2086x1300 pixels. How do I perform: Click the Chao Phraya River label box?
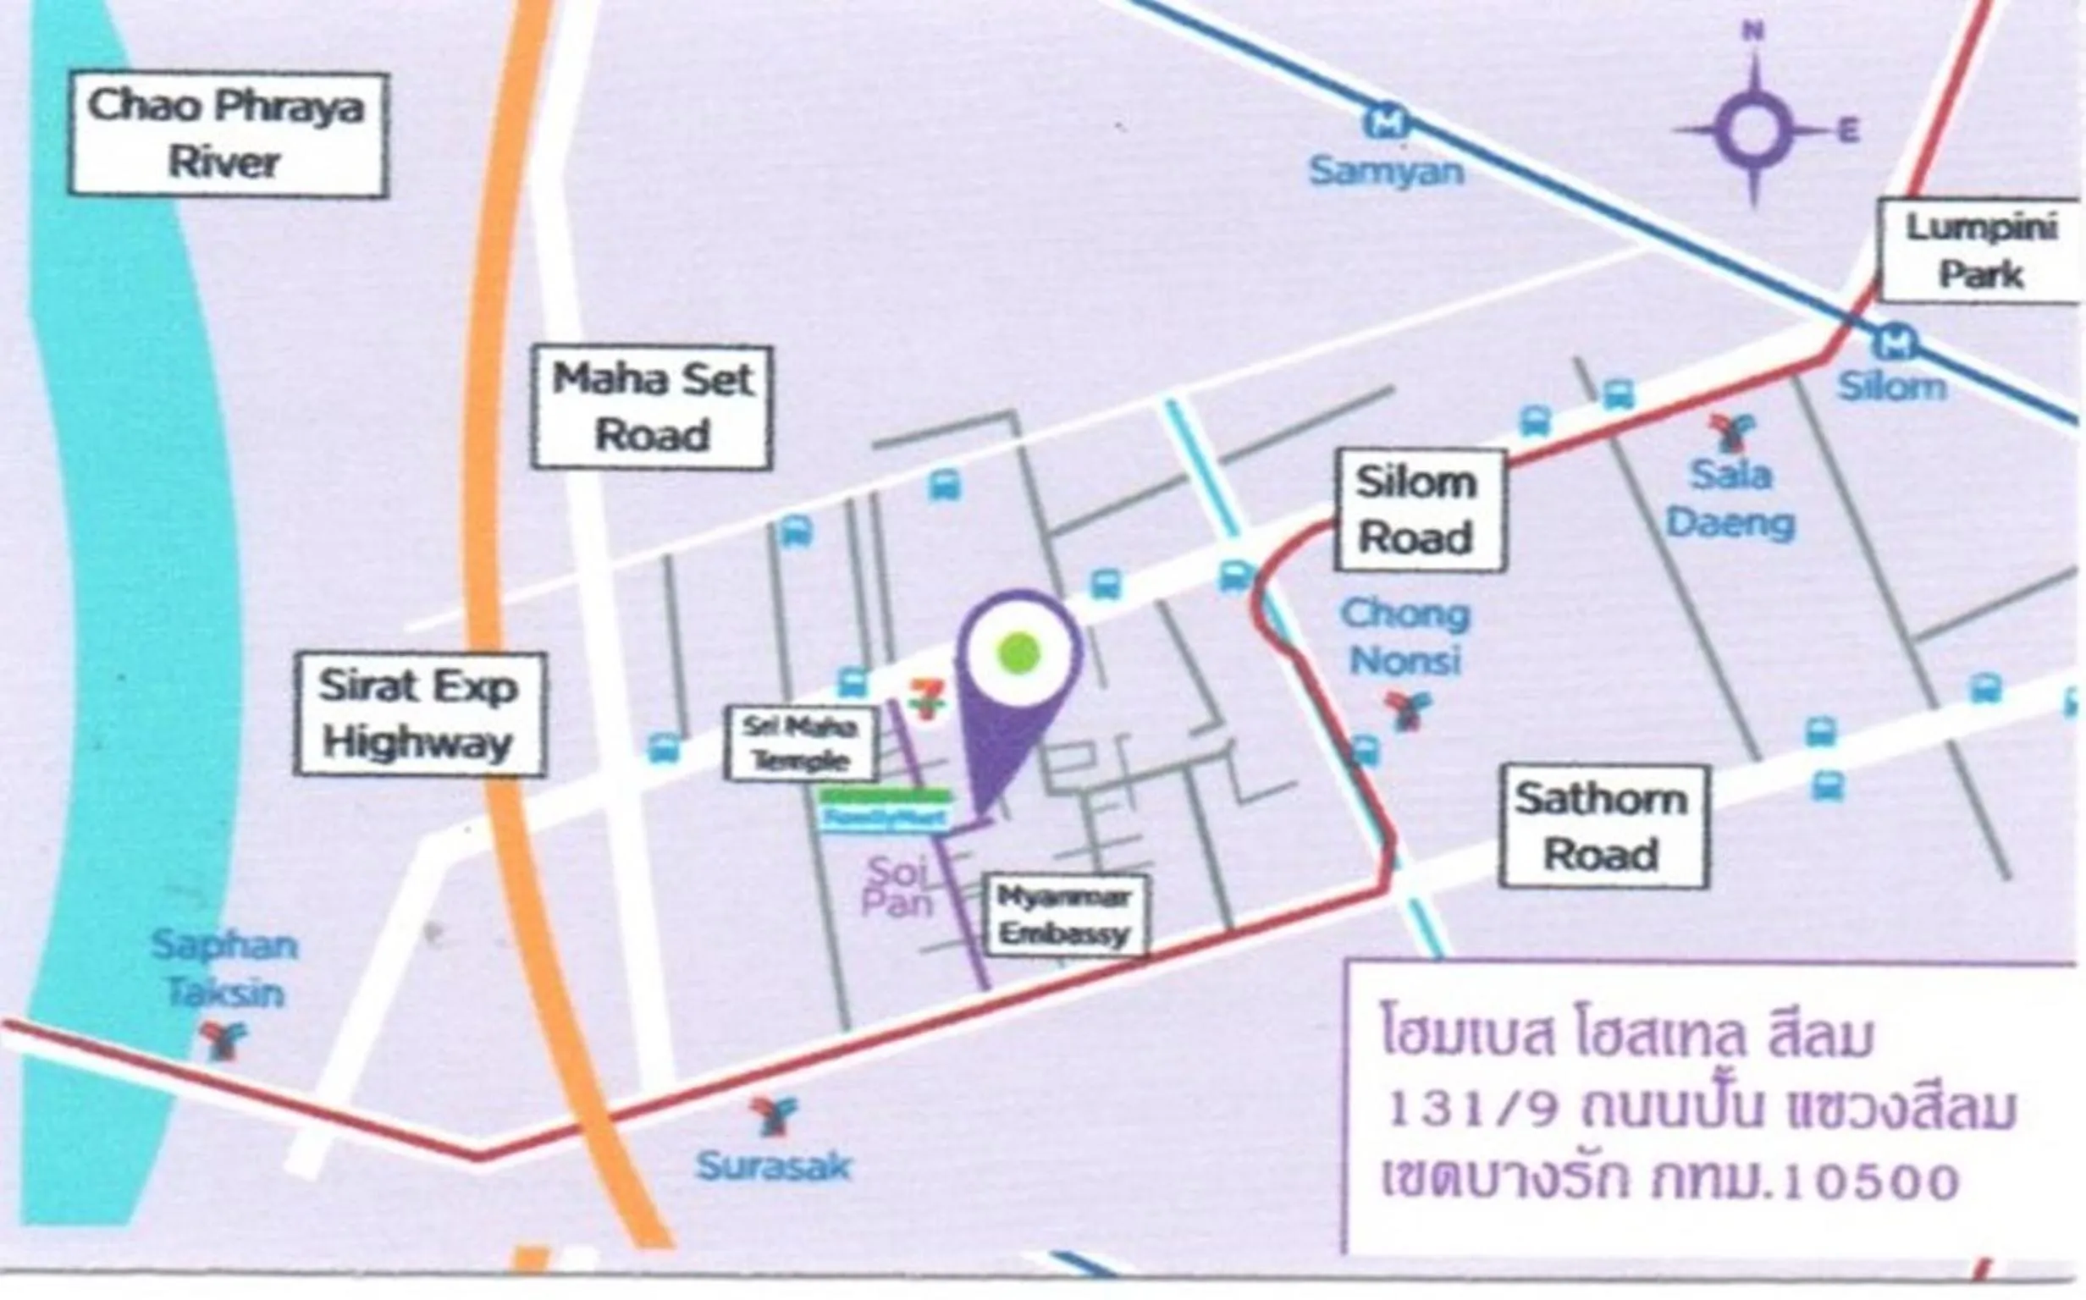[228, 135]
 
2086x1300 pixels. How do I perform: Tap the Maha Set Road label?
[652, 408]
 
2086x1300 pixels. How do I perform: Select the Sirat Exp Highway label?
[420, 714]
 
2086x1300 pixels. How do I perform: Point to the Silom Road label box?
[1419, 510]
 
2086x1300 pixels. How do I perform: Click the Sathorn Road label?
[1603, 826]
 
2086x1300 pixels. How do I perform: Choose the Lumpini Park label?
[1980, 251]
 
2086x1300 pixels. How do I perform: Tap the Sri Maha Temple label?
[801, 743]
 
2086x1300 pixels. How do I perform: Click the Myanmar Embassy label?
[1064, 916]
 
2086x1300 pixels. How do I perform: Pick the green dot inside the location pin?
[1019, 653]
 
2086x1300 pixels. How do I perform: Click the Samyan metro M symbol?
[1386, 122]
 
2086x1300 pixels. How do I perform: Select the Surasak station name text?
[773, 1167]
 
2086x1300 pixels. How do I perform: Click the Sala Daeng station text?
[1730, 499]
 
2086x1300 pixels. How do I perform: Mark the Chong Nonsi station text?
[1405, 637]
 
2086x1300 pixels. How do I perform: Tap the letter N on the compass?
[1752, 32]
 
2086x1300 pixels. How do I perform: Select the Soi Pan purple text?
[897, 887]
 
